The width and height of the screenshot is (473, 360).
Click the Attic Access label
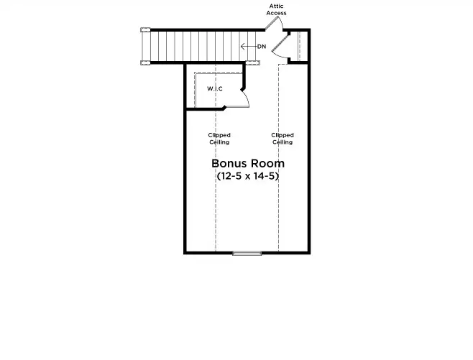[277, 9]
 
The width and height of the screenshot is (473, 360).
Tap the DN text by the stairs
[262, 47]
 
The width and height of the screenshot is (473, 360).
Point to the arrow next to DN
[247, 47]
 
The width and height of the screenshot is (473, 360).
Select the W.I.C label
[214, 88]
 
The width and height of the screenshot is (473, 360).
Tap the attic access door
[274, 24]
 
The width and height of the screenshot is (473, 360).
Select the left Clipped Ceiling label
[219, 139]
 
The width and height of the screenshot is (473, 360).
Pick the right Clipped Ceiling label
[282, 139]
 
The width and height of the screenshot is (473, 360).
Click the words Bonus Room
[247, 163]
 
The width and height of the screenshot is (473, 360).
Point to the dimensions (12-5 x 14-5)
[247, 176]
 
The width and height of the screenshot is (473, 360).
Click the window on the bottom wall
[247, 253]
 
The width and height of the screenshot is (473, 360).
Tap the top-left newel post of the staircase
[144, 29]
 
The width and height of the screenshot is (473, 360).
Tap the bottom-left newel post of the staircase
[144, 63]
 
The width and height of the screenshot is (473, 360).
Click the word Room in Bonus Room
[267, 163]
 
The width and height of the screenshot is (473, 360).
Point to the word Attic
[277, 6]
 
